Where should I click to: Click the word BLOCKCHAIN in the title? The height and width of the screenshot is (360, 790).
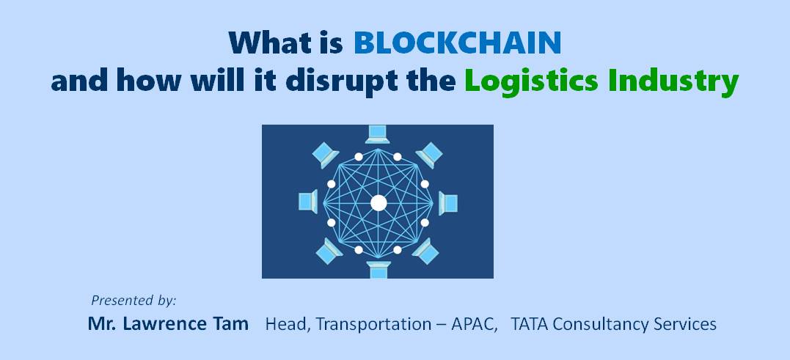click(457, 43)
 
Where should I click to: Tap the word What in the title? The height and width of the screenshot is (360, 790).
click(271, 43)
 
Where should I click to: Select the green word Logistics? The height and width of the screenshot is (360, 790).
click(530, 82)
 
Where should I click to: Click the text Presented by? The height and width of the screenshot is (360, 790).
click(134, 301)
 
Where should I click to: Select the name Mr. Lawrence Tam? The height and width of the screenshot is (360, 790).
click(168, 324)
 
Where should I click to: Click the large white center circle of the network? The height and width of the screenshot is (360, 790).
click(378, 203)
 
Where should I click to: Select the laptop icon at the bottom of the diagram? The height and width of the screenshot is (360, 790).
click(378, 269)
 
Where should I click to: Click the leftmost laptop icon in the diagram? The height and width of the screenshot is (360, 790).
click(308, 202)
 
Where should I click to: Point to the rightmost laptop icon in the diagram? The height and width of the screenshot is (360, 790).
click(448, 203)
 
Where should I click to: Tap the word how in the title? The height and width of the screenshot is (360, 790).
click(148, 81)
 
